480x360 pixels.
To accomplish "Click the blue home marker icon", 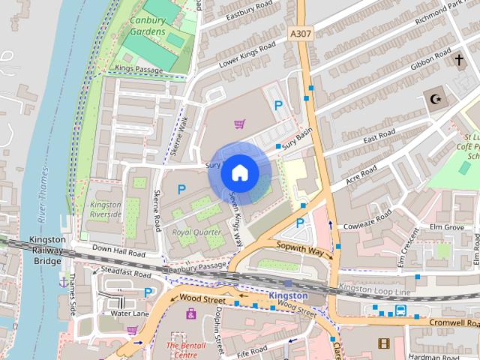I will tap(239, 172).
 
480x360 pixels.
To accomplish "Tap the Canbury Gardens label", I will tap(147, 28).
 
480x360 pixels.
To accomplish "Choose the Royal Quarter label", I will tap(196, 232).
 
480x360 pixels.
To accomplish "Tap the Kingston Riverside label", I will tap(106, 209).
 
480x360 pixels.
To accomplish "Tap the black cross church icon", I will tap(459, 59).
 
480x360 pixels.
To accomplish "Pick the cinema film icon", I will tap(384, 343).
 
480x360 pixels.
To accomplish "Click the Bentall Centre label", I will tap(181, 350).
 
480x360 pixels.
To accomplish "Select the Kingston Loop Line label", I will tap(375, 289).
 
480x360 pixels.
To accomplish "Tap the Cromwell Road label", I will tap(454, 322).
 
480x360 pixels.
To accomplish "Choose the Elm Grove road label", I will tap(447, 226).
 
